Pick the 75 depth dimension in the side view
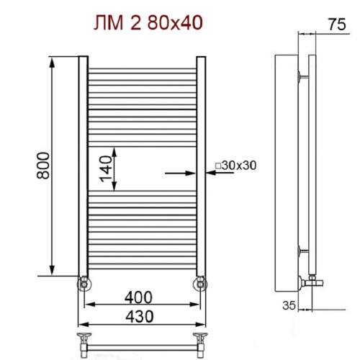tap(333, 24)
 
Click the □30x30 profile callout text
tap(235, 166)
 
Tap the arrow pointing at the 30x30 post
tap(180, 173)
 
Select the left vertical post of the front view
tap(83, 166)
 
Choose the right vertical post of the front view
tap(201, 166)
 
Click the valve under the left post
tap(84, 282)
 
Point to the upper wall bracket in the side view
tap(300, 73)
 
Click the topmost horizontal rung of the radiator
tap(142, 71)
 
